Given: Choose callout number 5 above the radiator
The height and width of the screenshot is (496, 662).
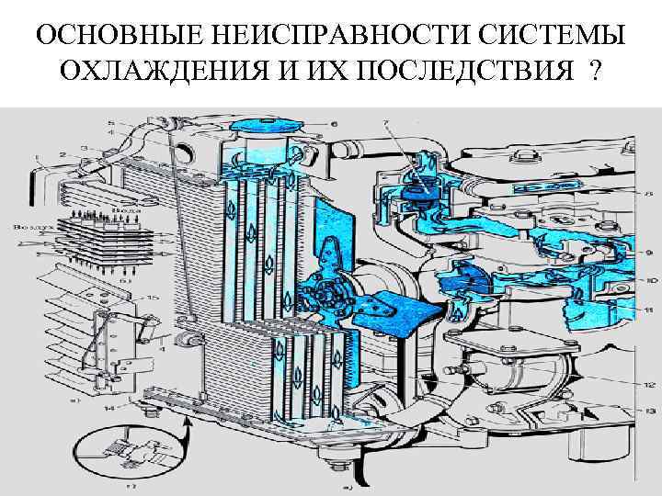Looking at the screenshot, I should tap(112, 122).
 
